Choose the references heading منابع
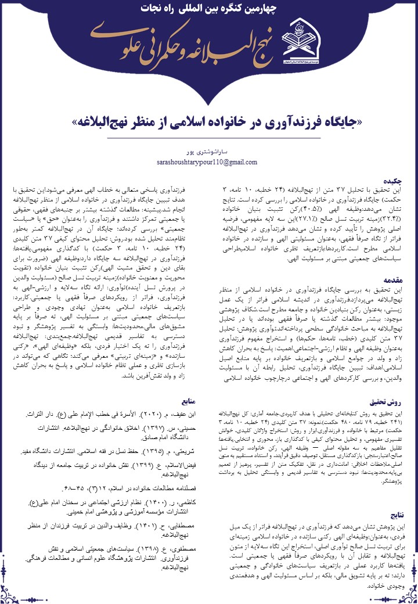tap(193, 400)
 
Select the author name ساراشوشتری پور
tap(208, 153)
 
